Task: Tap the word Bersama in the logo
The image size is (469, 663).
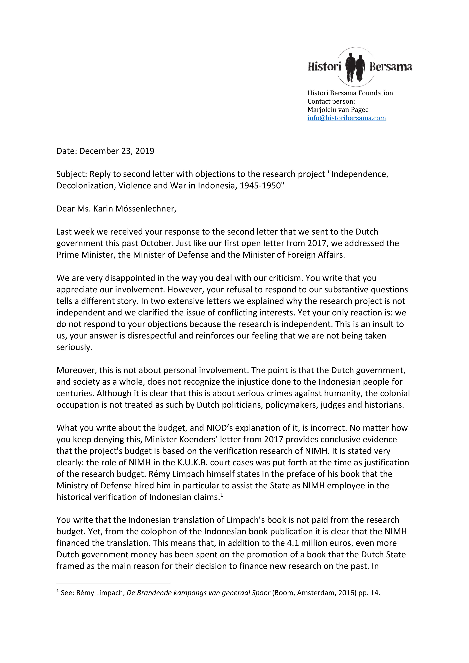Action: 391,67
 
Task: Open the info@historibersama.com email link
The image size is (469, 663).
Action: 346,118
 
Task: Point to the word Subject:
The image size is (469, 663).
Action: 72,174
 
